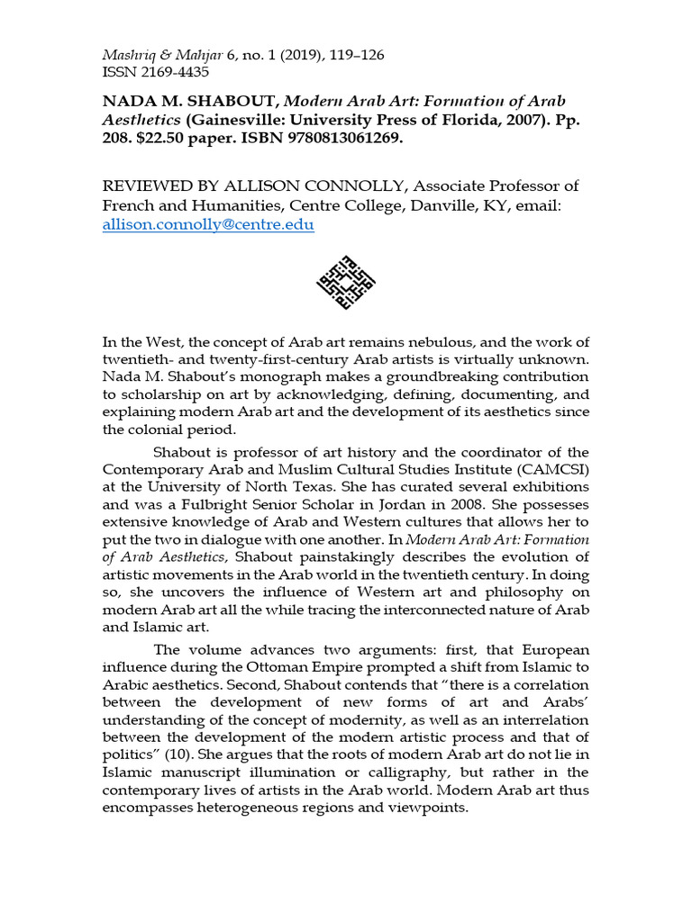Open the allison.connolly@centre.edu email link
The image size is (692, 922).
point(208,225)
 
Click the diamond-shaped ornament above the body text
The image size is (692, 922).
point(346,282)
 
